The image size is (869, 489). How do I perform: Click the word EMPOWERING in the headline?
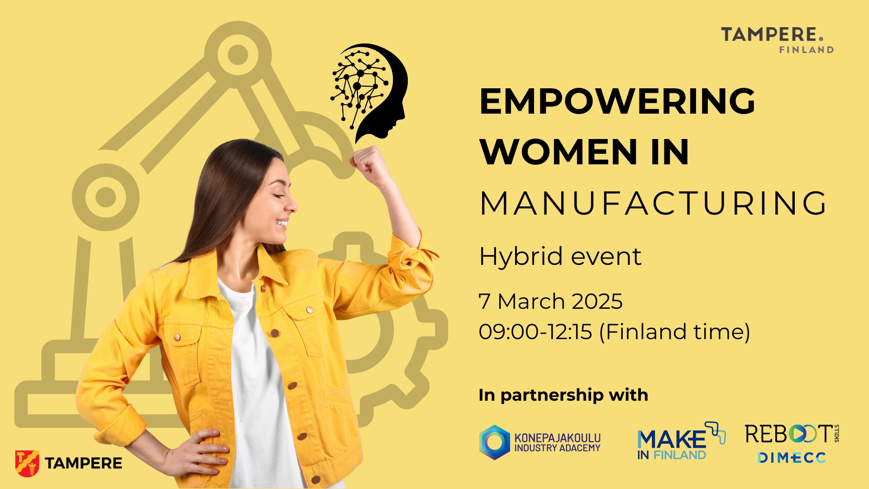617,101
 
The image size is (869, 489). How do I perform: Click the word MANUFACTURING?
654,203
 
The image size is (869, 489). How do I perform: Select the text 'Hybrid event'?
560,257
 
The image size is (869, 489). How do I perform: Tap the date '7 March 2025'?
551,302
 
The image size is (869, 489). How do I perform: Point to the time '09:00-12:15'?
535,331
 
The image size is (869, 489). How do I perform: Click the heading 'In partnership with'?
563,395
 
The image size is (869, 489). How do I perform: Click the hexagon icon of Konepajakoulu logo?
495,442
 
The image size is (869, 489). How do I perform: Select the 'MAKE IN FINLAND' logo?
681,441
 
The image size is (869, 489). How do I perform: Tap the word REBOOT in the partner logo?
789,434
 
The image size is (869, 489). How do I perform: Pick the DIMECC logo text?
792,458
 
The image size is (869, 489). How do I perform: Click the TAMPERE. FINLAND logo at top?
777,40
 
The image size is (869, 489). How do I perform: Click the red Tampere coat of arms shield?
27,463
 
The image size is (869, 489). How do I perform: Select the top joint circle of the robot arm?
238,55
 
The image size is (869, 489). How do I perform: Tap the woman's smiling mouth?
282,223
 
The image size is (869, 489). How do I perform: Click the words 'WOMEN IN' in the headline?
584,152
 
